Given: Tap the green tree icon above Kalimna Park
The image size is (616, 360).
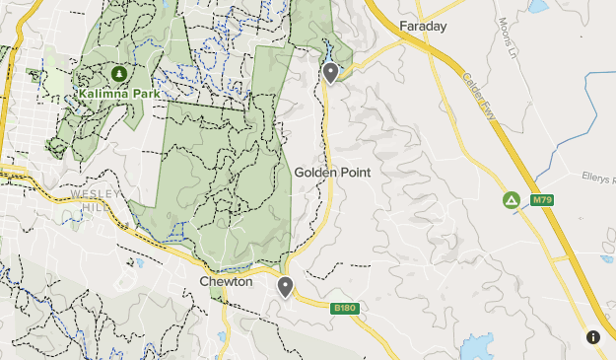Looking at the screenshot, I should coord(119,74).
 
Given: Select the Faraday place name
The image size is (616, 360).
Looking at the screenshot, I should coord(424,26).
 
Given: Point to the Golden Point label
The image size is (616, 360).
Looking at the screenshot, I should coord(332,172).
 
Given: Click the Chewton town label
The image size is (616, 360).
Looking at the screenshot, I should coord(226,282).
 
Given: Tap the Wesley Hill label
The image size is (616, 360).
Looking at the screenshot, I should coord(96,200).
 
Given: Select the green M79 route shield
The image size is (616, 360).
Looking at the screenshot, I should coord(541,200).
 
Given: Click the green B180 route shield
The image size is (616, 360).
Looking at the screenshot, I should coord(344,309).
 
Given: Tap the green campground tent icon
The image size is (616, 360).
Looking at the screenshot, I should coord(512,200).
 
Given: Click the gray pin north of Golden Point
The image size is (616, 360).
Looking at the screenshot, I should coord(331,72).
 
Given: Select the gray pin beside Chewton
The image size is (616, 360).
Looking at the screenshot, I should coord(286,287).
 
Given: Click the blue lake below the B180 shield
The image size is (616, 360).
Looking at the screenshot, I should coord(477,348).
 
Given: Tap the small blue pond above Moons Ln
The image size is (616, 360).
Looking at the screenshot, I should coord(537,6).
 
